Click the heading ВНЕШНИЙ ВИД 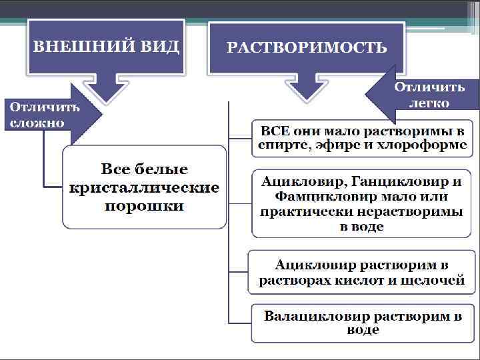106,46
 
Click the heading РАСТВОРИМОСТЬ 307,47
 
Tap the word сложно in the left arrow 37,123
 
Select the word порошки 145,206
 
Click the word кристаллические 145,187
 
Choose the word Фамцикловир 315,197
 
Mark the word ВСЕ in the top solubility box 275,129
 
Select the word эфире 333,144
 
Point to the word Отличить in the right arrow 429,87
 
